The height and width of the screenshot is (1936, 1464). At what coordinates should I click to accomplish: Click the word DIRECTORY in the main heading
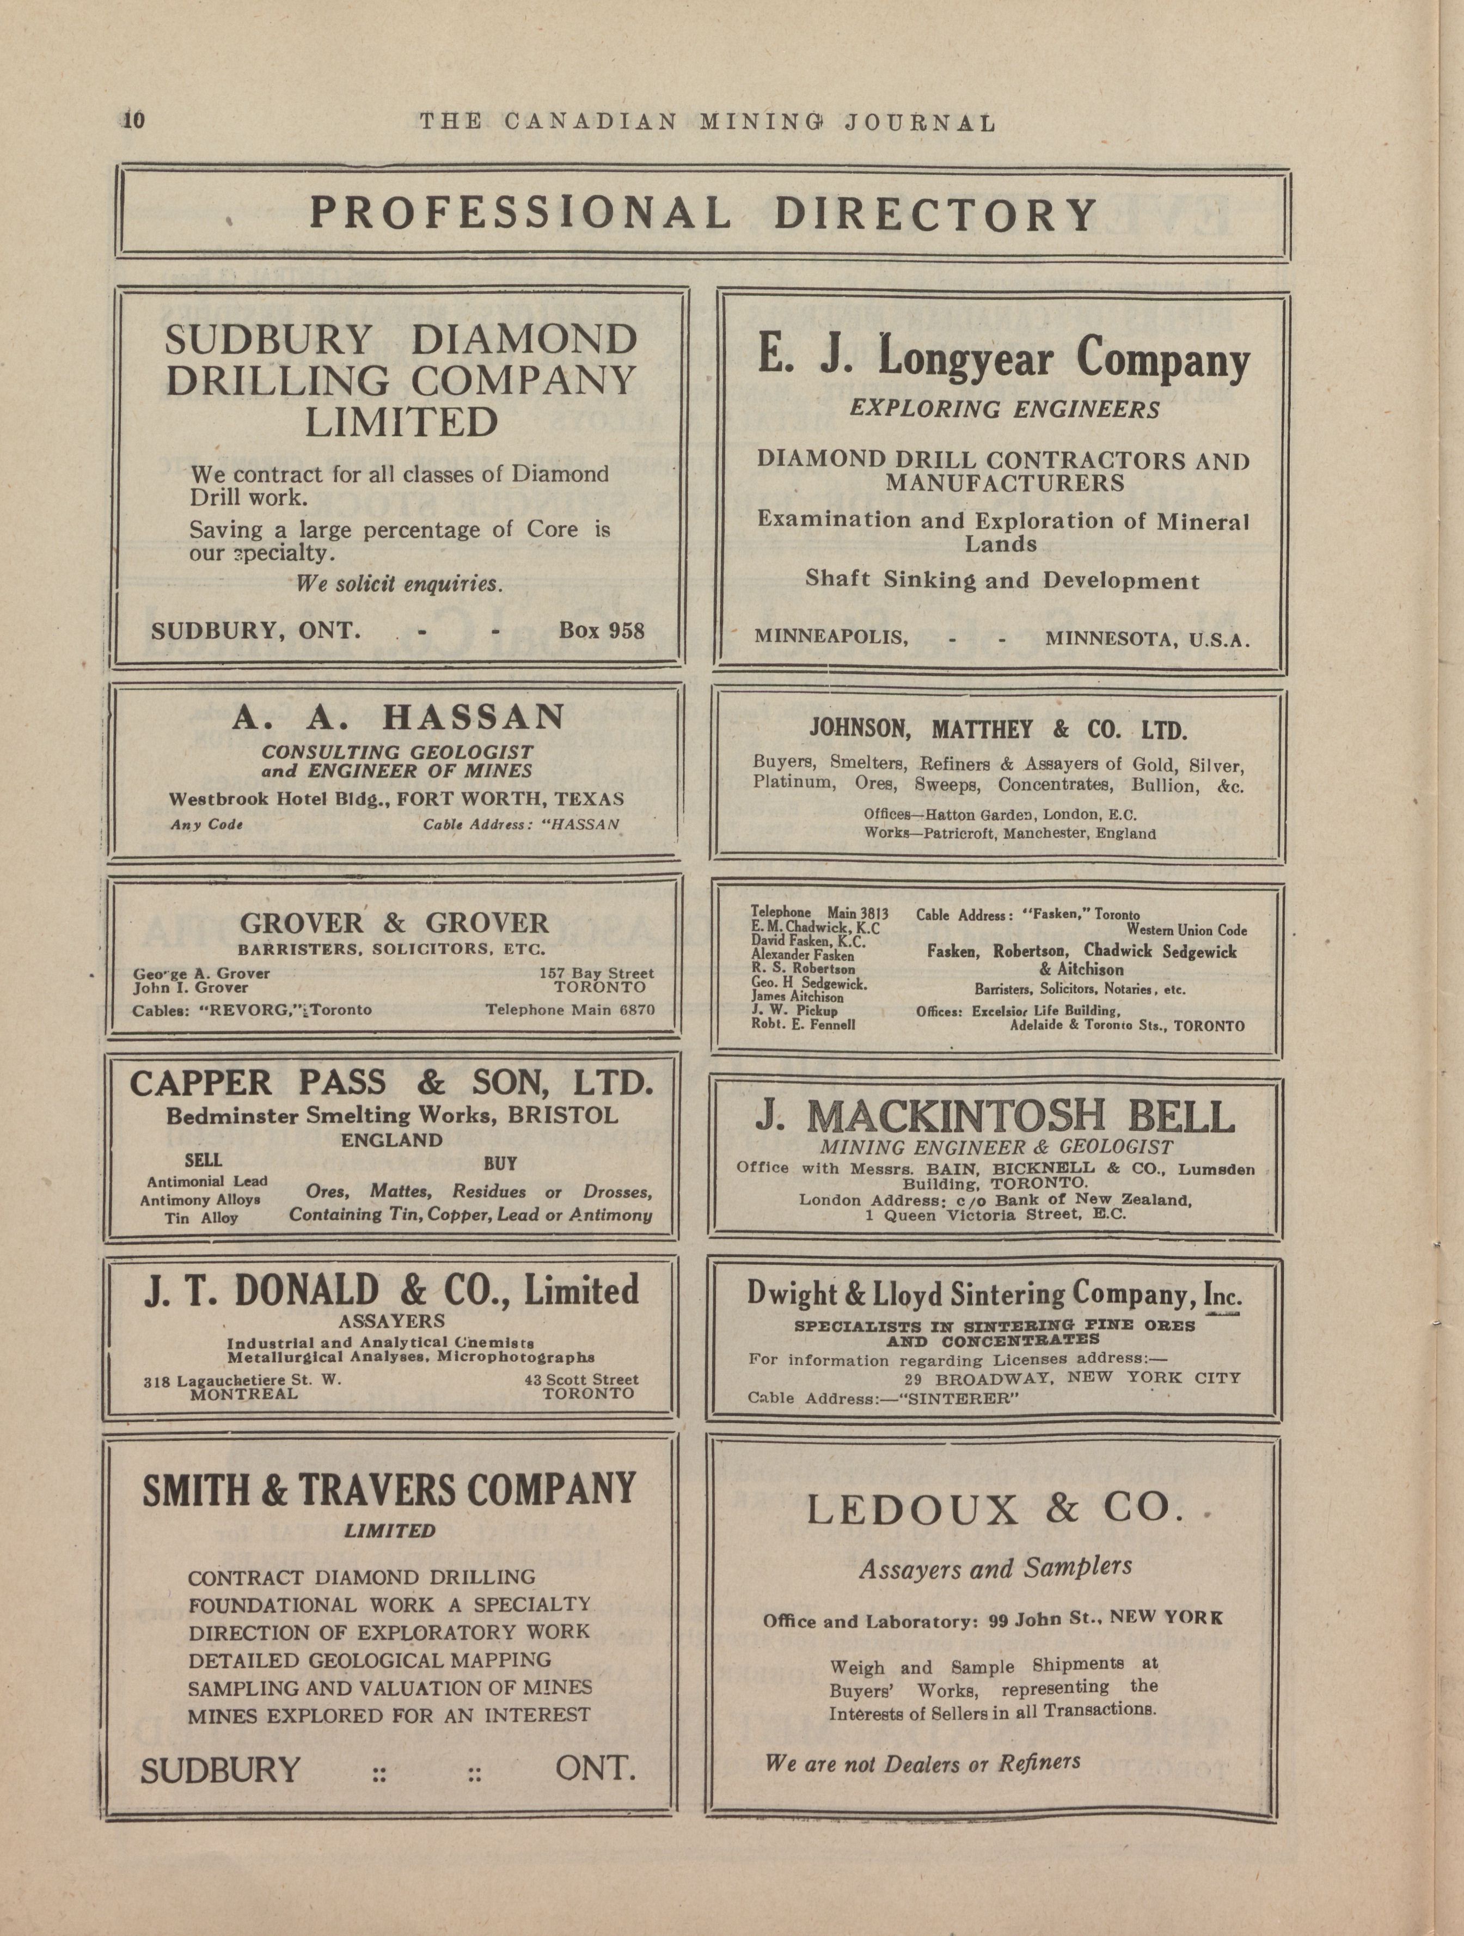pyautogui.click(x=935, y=213)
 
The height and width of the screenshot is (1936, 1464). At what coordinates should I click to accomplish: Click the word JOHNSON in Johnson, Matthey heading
pyautogui.click(x=863, y=730)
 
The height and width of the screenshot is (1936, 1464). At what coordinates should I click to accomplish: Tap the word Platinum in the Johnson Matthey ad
pyautogui.click(x=793, y=783)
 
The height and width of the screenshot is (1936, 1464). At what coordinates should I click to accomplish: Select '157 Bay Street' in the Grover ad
pyautogui.click(x=596, y=973)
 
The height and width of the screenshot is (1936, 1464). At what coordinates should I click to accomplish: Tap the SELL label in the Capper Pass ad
pyautogui.click(x=203, y=1161)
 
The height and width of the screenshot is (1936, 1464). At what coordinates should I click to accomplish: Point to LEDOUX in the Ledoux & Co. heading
pyautogui.click(x=912, y=1510)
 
